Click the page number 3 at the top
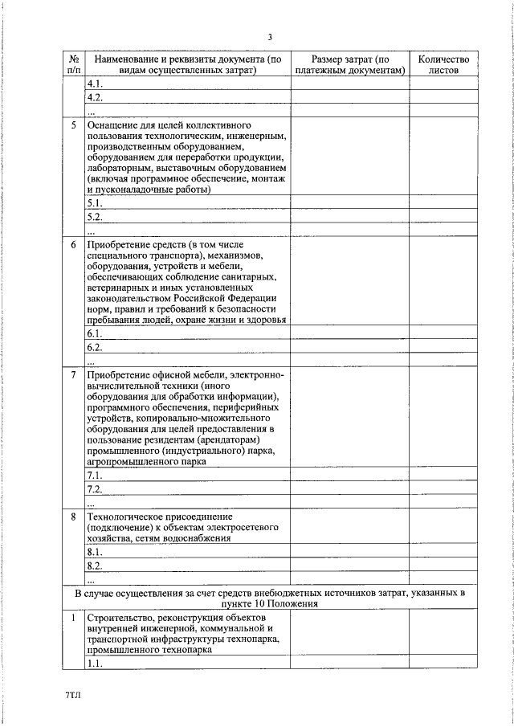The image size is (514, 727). pyautogui.click(x=271, y=37)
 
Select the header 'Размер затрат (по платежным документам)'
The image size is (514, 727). pyautogui.click(x=349, y=64)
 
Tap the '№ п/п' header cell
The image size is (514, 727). pyautogui.click(x=73, y=64)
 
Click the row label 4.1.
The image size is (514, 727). pyautogui.click(x=95, y=84)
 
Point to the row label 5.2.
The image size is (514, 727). pyautogui.click(x=95, y=217)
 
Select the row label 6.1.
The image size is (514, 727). pyautogui.click(x=95, y=333)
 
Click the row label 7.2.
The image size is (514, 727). pyautogui.click(x=95, y=489)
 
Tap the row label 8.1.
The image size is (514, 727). pyautogui.click(x=95, y=553)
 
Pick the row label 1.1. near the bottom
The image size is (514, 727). pyautogui.click(x=95, y=663)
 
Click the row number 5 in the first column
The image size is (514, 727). pyautogui.click(x=73, y=126)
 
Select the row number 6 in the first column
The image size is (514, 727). pyautogui.click(x=73, y=243)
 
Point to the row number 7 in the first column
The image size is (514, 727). pyautogui.click(x=73, y=375)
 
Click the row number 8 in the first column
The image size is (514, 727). pyautogui.click(x=73, y=516)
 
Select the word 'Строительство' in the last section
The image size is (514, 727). pyautogui.click(x=120, y=617)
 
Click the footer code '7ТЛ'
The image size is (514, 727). pyautogui.click(x=74, y=691)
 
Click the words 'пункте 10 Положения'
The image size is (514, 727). pyautogui.click(x=270, y=602)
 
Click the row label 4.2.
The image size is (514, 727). pyautogui.click(x=95, y=98)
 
